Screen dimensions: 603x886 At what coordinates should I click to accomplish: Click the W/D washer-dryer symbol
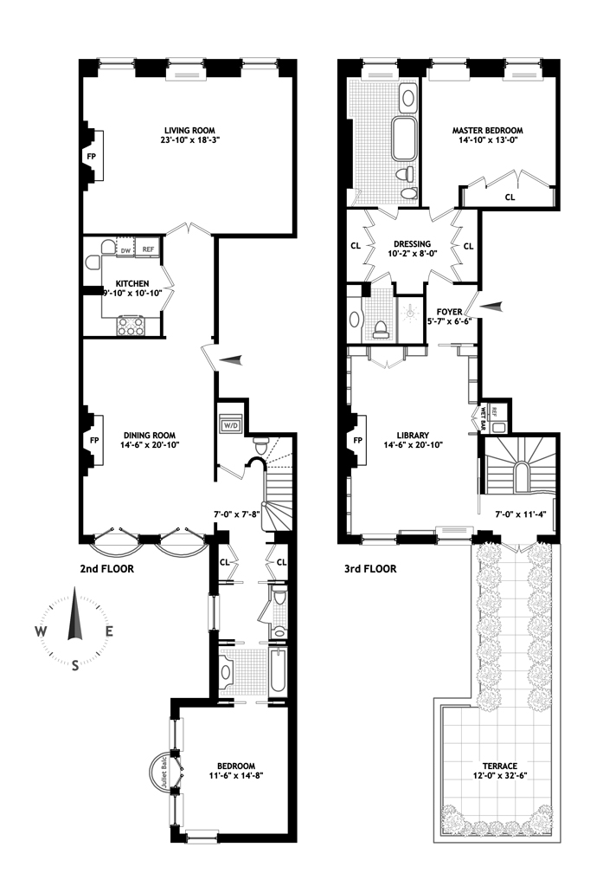pyautogui.click(x=231, y=424)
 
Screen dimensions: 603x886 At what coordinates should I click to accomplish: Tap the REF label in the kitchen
pyautogui.click(x=149, y=249)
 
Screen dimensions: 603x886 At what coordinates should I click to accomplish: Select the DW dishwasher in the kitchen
pyautogui.click(x=125, y=250)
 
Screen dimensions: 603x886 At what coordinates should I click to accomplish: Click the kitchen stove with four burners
pyautogui.click(x=131, y=326)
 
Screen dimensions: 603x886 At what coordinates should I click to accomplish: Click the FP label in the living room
pyautogui.click(x=91, y=155)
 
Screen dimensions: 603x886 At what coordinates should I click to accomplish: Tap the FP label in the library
pyautogui.click(x=357, y=441)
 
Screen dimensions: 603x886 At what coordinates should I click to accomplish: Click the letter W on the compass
pyautogui.click(x=40, y=631)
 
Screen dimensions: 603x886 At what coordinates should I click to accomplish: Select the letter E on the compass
pyautogui.click(x=109, y=631)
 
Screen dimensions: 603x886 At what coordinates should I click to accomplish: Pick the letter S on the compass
pyautogui.click(x=74, y=666)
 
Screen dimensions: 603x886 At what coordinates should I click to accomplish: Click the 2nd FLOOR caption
pyautogui.click(x=107, y=569)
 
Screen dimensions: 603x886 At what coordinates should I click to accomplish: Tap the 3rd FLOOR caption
pyautogui.click(x=370, y=569)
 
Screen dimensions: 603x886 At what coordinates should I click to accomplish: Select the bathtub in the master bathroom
pyautogui.click(x=404, y=139)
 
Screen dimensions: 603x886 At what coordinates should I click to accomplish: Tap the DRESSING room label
pyautogui.click(x=412, y=244)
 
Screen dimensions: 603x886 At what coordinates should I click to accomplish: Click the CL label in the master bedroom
pyautogui.click(x=510, y=197)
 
